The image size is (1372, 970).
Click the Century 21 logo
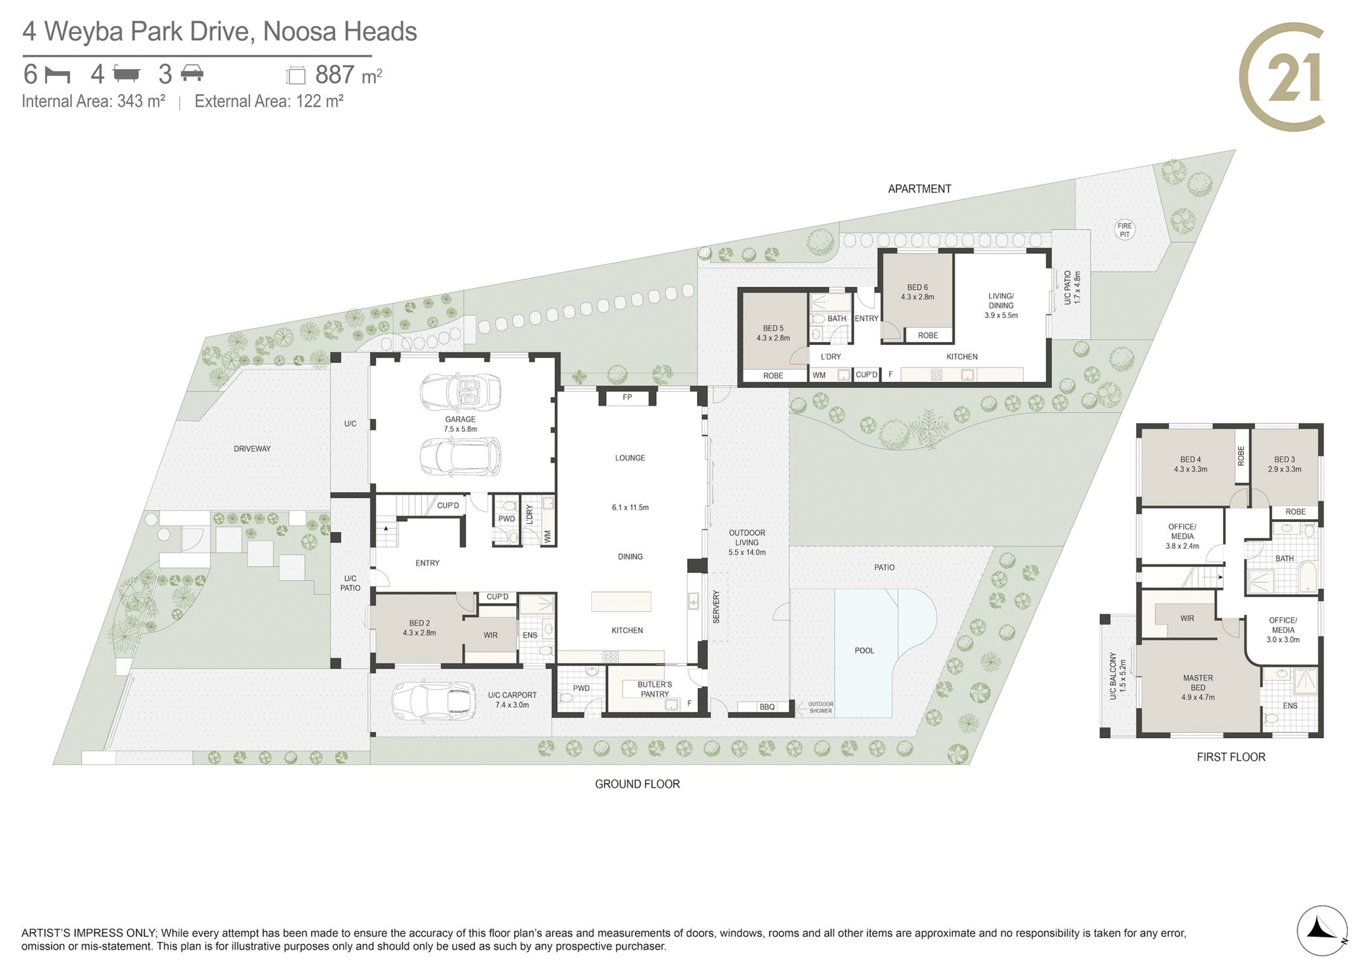pos(1282,76)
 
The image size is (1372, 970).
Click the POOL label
pos(864,650)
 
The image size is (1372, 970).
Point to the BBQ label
pos(766,707)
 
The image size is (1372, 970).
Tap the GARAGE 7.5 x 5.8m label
pos(460,424)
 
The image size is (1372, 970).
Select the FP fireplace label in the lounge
pos(627,397)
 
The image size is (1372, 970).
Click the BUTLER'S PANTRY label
pos(654,689)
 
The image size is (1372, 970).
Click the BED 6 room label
pos(917,292)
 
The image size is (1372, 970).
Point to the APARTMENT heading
pos(919,189)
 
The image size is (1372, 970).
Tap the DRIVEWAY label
pos(252,448)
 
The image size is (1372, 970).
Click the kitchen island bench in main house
pos(621,602)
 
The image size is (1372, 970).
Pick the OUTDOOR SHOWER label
pos(820,707)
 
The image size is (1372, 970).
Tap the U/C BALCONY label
pos(1117,676)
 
